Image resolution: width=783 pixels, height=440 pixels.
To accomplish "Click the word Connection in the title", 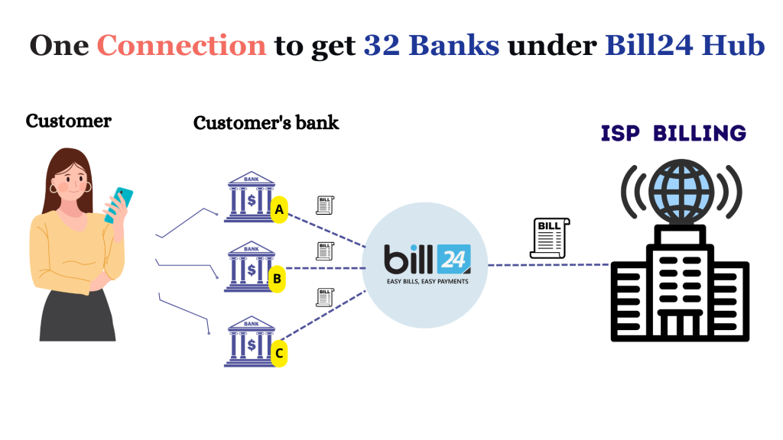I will pos(182,45).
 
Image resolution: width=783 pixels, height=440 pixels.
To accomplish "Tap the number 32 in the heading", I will pos(381,45).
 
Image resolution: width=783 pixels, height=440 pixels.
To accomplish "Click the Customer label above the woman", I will pos(69,121).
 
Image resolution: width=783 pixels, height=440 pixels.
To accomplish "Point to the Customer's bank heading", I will pos(266,122).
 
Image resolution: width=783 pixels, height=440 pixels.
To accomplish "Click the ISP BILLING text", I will pos(674,134).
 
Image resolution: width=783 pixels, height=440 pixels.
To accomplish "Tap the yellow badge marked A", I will pos(279,209).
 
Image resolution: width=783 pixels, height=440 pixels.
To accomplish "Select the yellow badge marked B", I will pos(278,279).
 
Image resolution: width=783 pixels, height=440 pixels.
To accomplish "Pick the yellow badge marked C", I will pos(280,353).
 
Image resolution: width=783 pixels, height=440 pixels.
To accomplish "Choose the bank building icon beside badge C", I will pos(250,342).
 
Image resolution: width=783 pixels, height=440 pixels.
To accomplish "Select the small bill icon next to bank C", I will pos(326,297).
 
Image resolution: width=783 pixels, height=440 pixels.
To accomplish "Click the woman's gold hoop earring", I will pos(54,187).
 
